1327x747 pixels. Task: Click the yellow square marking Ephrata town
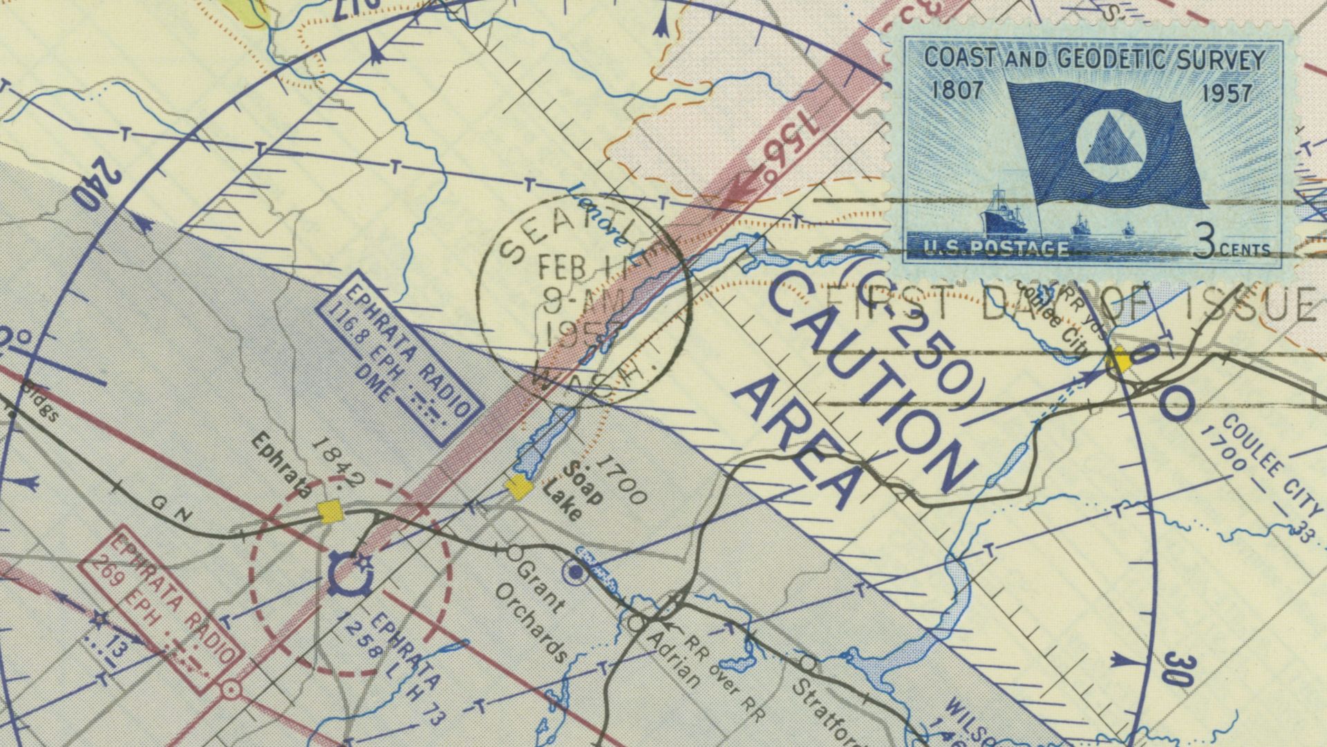[330, 512]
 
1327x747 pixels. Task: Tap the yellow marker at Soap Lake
[518, 487]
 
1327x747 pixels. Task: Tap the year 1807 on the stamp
[957, 91]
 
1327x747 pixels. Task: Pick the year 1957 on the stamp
[1227, 93]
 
